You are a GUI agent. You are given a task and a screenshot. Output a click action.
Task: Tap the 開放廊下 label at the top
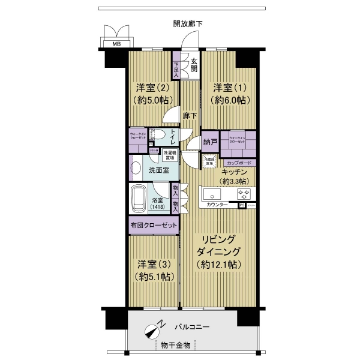[187, 24]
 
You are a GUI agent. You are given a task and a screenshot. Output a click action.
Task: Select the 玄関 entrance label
[193, 64]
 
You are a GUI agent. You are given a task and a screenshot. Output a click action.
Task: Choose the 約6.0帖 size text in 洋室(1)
[231, 100]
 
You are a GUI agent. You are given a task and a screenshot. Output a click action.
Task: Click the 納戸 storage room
[209, 142]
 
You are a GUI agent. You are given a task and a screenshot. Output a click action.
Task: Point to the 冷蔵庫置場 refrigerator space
[209, 160]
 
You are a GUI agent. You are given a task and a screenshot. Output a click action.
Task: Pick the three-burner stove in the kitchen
[245, 194]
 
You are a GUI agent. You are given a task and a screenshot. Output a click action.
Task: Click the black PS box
[242, 205]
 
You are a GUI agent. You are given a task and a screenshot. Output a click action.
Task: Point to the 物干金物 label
[175, 345]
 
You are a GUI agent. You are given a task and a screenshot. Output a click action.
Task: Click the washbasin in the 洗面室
[136, 169]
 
